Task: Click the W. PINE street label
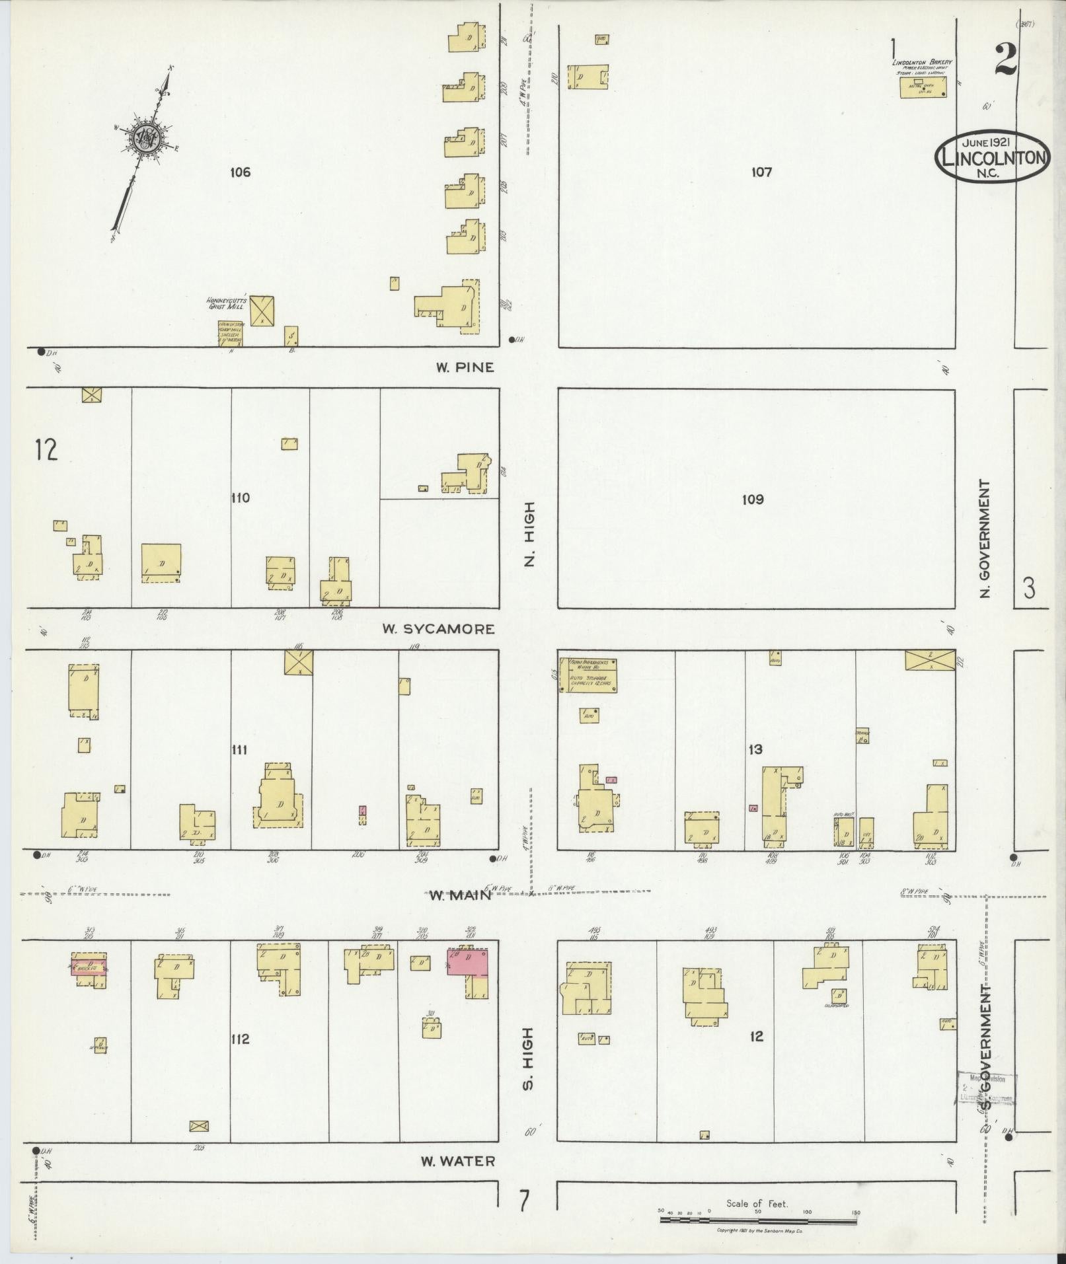coord(465,367)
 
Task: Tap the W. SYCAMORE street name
coord(438,629)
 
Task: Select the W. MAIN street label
coord(461,895)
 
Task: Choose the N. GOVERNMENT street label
coord(985,539)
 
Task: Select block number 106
coord(241,173)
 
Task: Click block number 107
coord(761,172)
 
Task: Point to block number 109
coord(752,500)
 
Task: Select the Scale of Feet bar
coord(757,1220)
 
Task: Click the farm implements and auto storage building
coord(588,675)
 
